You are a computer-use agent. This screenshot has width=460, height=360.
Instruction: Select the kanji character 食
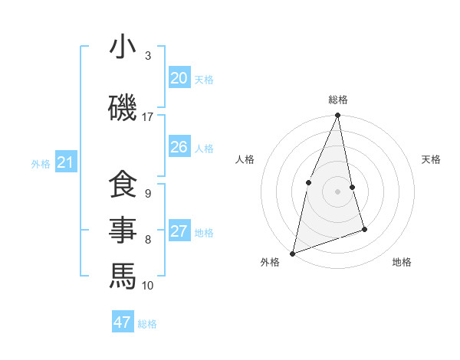tap(123, 185)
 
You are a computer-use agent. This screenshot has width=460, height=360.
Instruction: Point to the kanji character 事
tap(123, 230)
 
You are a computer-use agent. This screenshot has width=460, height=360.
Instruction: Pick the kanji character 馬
tap(123, 275)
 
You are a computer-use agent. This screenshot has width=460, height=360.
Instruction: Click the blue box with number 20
tap(179, 78)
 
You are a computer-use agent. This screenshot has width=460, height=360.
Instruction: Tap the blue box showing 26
tap(179, 147)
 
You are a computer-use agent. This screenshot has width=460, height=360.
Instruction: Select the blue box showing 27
tap(179, 231)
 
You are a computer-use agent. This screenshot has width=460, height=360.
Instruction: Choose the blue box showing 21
tap(65, 162)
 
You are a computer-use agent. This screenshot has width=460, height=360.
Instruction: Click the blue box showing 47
tap(123, 322)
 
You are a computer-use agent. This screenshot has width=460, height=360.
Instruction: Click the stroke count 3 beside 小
tap(147, 56)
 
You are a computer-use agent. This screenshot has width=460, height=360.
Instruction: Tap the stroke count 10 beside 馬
tap(147, 286)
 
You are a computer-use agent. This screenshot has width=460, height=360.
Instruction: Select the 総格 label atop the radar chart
tap(337, 100)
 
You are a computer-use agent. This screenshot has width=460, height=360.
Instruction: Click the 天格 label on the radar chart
tap(431, 159)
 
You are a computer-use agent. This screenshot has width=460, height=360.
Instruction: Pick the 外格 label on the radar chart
tap(270, 262)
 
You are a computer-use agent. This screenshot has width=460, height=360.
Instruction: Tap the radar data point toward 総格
tap(337, 116)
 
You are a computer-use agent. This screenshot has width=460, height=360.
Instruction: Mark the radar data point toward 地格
tap(364, 229)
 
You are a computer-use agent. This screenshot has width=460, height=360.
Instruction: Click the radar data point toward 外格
tap(292, 253)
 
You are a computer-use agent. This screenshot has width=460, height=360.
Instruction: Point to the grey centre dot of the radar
tap(337, 191)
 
